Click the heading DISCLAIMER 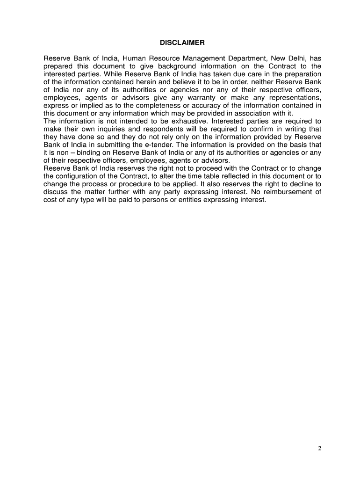(182, 43)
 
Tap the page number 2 (320, 449)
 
